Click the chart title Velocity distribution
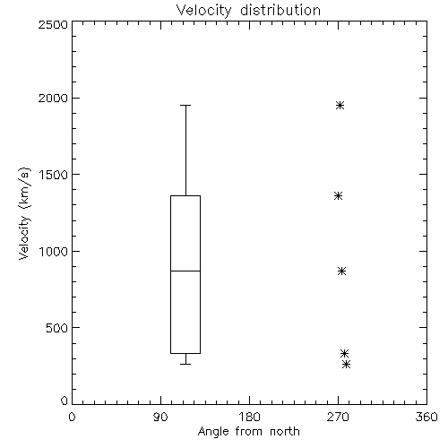(x=248, y=11)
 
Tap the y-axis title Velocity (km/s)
(x=24, y=213)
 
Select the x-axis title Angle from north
(x=248, y=431)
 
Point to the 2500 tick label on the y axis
(x=53, y=24)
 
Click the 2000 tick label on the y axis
(x=53, y=98)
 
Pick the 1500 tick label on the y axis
(x=54, y=174)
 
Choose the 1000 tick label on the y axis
(x=54, y=251)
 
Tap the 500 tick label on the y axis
(x=57, y=328)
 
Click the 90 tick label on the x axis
(x=160, y=417)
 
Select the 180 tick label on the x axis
(x=249, y=417)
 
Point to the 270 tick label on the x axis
(x=338, y=417)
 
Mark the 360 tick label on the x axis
(x=426, y=417)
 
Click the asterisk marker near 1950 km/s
(x=340, y=105)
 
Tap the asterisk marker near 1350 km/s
(x=338, y=196)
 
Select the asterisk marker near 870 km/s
(x=342, y=271)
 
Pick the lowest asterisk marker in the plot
(x=346, y=364)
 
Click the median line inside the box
(x=185, y=271)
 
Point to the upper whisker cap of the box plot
(x=185, y=105)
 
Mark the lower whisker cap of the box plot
(x=185, y=364)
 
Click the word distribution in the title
(x=280, y=11)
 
